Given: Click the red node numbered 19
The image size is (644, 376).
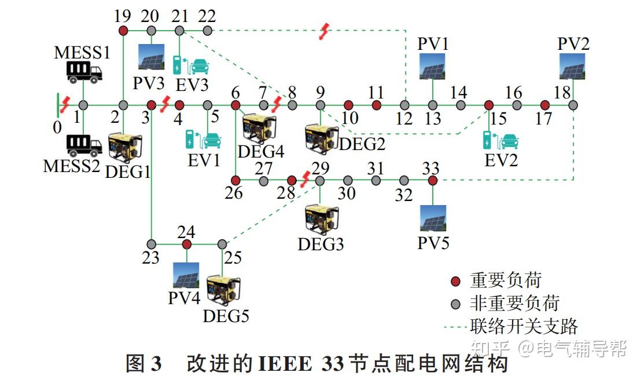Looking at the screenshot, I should [x=123, y=30].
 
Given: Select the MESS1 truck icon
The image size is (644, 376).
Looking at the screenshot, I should [x=84, y=72].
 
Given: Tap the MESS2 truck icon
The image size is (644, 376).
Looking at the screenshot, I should [x=84, y=145].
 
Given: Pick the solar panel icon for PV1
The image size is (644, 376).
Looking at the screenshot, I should [x=433, y=65].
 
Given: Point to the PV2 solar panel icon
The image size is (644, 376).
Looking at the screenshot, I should [x=573, y=65].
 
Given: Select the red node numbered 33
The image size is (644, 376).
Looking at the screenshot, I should [x=432, y=181].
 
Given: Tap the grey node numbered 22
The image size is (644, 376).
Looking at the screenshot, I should [x=208, y=30].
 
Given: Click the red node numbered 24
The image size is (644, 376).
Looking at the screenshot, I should [x=186, y=244].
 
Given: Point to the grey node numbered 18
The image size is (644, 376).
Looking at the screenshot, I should [x=573, y=105].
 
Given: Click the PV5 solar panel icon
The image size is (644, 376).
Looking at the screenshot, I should [x=433, y=218].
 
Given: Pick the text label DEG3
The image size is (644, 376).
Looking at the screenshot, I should [x=321, y=244].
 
